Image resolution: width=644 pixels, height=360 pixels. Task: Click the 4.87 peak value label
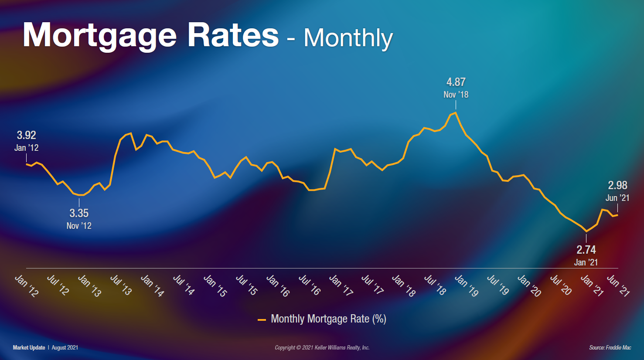[x=456, y=82]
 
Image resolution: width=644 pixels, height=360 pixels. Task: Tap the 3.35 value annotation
[x=79, y=213]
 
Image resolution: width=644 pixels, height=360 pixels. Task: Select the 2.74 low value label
[x=586, y=250]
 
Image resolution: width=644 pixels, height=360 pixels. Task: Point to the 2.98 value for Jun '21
[x=617, y=185]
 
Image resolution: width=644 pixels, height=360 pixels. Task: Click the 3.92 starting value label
[x=26, y=135]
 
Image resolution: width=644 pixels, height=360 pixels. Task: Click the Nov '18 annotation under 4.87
[x=456, y=95]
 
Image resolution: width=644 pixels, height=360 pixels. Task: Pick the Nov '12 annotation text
[x=79, y=226]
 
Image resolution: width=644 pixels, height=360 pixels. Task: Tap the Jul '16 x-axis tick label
[x=310, y=285]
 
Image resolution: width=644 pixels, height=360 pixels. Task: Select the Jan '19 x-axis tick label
[x=467, y=286]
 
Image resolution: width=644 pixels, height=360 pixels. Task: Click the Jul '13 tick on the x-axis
[x=121, y=285]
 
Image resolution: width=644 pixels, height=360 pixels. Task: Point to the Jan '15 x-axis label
[x=215, y=286]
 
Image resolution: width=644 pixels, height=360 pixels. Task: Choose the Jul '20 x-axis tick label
[x=561, y=285]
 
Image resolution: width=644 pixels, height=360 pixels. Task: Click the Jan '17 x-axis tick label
[x=341, y=286]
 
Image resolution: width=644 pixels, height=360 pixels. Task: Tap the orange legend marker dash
[x=262, y=320]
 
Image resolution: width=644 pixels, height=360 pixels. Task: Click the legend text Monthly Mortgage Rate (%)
[x=328, y=319]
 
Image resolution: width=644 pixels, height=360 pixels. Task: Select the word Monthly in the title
[x=348, y=38]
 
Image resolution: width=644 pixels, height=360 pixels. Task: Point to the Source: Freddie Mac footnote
[x=610, y=347]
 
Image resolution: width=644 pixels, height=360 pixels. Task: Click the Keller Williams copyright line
[x=322, y=347]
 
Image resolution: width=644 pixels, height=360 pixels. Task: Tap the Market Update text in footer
[x=29, y=347]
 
